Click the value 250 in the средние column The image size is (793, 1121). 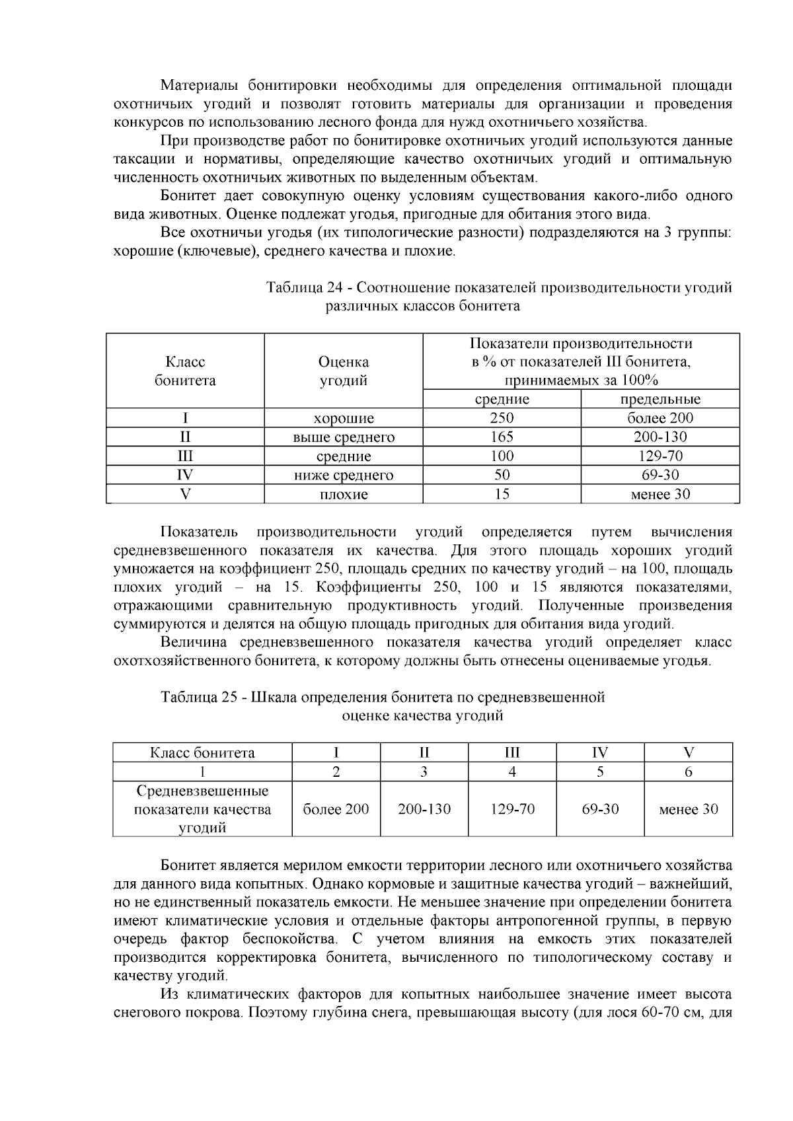click(x=502, y=418)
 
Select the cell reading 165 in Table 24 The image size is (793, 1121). click(x=502, y=437)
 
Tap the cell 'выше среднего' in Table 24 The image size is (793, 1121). click(x=344, y=437)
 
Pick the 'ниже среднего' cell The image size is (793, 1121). click(x=344, y=475)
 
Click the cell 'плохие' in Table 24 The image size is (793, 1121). click(x=344, y=494)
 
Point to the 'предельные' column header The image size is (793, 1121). click(x=660, y=399)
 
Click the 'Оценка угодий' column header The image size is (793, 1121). click(x=344, y=371)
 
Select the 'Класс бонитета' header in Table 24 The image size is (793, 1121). click(x=185, y=371)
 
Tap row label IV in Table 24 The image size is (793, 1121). click(x=185, y=475)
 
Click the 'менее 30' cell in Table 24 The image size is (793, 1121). click(x=660, y=494)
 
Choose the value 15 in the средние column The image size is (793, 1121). click(x=502, y=494)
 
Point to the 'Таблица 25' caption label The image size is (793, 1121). click(x=200, y=698)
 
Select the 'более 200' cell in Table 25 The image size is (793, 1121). click(x=336, y=809)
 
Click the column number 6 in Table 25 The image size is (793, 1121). click(x=688, y=772)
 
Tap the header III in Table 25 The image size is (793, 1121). click(x=512, y=752)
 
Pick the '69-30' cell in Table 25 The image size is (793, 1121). click(x=600, y=809)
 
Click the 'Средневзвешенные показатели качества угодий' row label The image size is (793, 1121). click(x=202, y=809)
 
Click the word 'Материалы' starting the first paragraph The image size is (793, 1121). click(x=201, y=86)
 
